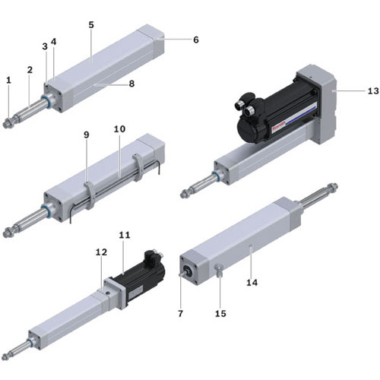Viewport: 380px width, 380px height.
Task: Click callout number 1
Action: (x=9, y=81)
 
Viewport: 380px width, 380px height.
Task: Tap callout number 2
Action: (x=30, y=70)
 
